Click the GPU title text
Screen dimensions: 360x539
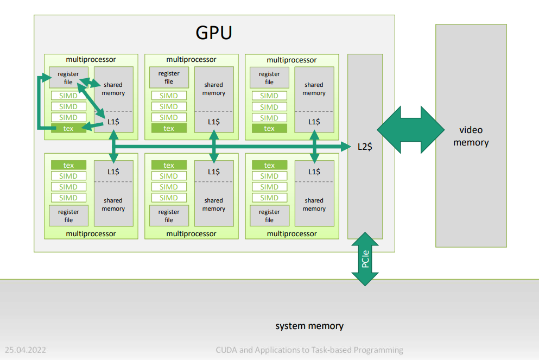pos(214,33)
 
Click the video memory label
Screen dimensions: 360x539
pos(471,136)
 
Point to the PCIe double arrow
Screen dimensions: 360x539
pos(365,260)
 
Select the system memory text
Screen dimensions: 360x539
pos(309,326)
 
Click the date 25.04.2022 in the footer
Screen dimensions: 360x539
pos(25,350)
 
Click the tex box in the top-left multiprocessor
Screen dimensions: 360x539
pos(68,129)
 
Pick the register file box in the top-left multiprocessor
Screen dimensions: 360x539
pos(68,78)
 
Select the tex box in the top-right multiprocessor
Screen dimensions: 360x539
pos(269,129)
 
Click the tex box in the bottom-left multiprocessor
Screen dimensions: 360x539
pos(68,165)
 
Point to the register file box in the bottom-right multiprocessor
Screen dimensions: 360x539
pos(269,216)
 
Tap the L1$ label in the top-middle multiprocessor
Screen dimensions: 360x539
pos(214,122)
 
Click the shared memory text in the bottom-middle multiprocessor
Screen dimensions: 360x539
pos(214,204)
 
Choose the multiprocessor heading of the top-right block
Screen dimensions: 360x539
pos(292,60)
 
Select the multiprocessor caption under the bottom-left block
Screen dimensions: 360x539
pos(91,233)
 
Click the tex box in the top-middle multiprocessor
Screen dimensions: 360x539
pos(169,129)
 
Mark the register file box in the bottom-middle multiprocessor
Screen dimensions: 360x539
pos(169,216)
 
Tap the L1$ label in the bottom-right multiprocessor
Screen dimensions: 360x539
pos(314,172)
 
